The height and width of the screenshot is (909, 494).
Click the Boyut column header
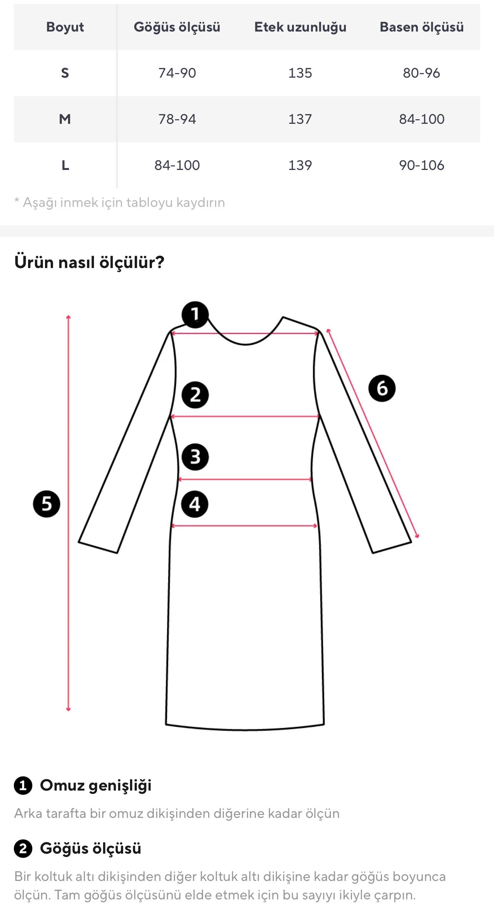pyautogui.click(x=65, y=27)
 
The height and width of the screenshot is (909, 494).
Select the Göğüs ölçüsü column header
pyautogui.click(x=177, y=27)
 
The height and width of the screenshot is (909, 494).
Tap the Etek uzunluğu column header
pyautogui.click(x=300, y=27)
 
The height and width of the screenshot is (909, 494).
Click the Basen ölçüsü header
pyautogui.click(x=422, y=27)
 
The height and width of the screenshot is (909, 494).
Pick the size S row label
pyautogui.click(x=65, y=73)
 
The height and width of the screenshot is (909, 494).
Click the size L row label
pyautogui.click(x=65, y=165)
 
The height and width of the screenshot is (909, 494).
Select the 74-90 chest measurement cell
pyautogui.click(x=177, y=73)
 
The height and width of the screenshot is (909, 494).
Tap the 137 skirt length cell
pyautogui.click(x=300, y=119)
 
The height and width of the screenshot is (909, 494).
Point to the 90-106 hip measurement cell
pyautogui.click(x=422, y=165)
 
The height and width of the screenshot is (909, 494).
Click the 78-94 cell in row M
pyautogui.click(x=177, y=119)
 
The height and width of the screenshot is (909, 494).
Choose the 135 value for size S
pyautogui.click(x=300, y=73)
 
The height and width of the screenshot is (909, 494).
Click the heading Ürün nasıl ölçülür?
pyautogui.click(x=89, y=262)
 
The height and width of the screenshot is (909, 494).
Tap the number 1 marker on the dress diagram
pyautogui.click(x=195, y=315)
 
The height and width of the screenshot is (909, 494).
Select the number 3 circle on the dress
pyautogui.click(x=195, y=457)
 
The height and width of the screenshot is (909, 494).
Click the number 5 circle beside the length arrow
pyautogui.click(x=47, y=504)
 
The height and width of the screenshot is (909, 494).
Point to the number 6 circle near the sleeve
pyautogui.click(x=382, y=388)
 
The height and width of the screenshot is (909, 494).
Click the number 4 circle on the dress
pyautogui.click(x=195, y=504)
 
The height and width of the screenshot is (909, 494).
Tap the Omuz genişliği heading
pyautogui.click(x=95, y=785)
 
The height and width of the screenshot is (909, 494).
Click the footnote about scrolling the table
pyautogui.click(x=120, y=202)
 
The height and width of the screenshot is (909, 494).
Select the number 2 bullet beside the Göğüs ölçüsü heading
pyautogui.click(x=23, y=848)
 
